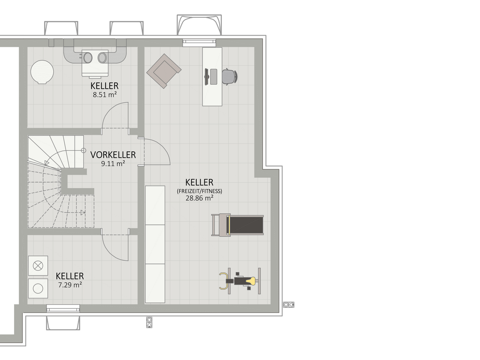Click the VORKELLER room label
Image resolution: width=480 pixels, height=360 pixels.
pyautogui.click(x=113, y=155)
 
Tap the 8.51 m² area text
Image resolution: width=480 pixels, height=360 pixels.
pyautogui.click(x=105, y=95)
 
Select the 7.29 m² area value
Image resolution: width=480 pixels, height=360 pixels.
pyautogui.click(x=70, y=285)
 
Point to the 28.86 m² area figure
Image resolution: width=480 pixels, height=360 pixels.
pyautogui.click(x=199, y=198)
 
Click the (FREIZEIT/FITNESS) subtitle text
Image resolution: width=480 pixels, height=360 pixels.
pyautogui.click(x=199, y=191)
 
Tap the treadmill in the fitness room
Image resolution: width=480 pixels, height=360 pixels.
pyautogui.click(x=238, y=225)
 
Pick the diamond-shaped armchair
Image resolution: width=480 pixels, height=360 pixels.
pyautogui.click(x=164, y=71)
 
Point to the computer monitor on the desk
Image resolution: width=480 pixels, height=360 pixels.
pyautogui.click(x=207, y=76)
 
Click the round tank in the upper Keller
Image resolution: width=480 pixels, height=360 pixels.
pyautogui.click(x=42, y=72)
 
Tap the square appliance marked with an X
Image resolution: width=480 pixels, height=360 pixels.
pyautogui.click(x=38, y=266)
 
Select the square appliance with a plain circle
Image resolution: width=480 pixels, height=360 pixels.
pyautogui.click(x=38, y=288)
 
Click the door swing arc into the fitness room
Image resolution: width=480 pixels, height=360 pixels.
pyautogui.click(x=163, y=146)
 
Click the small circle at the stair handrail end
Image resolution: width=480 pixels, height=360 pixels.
pyautogui.click(x=83, y=150)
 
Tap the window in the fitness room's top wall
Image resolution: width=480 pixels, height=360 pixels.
pyautogui.click(x=199, y=43)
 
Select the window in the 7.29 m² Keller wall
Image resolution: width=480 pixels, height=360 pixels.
pyautogui.click(x=63, y=308)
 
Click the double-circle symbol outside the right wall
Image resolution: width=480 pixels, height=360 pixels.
pyautogui.click(x=289, y=305)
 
